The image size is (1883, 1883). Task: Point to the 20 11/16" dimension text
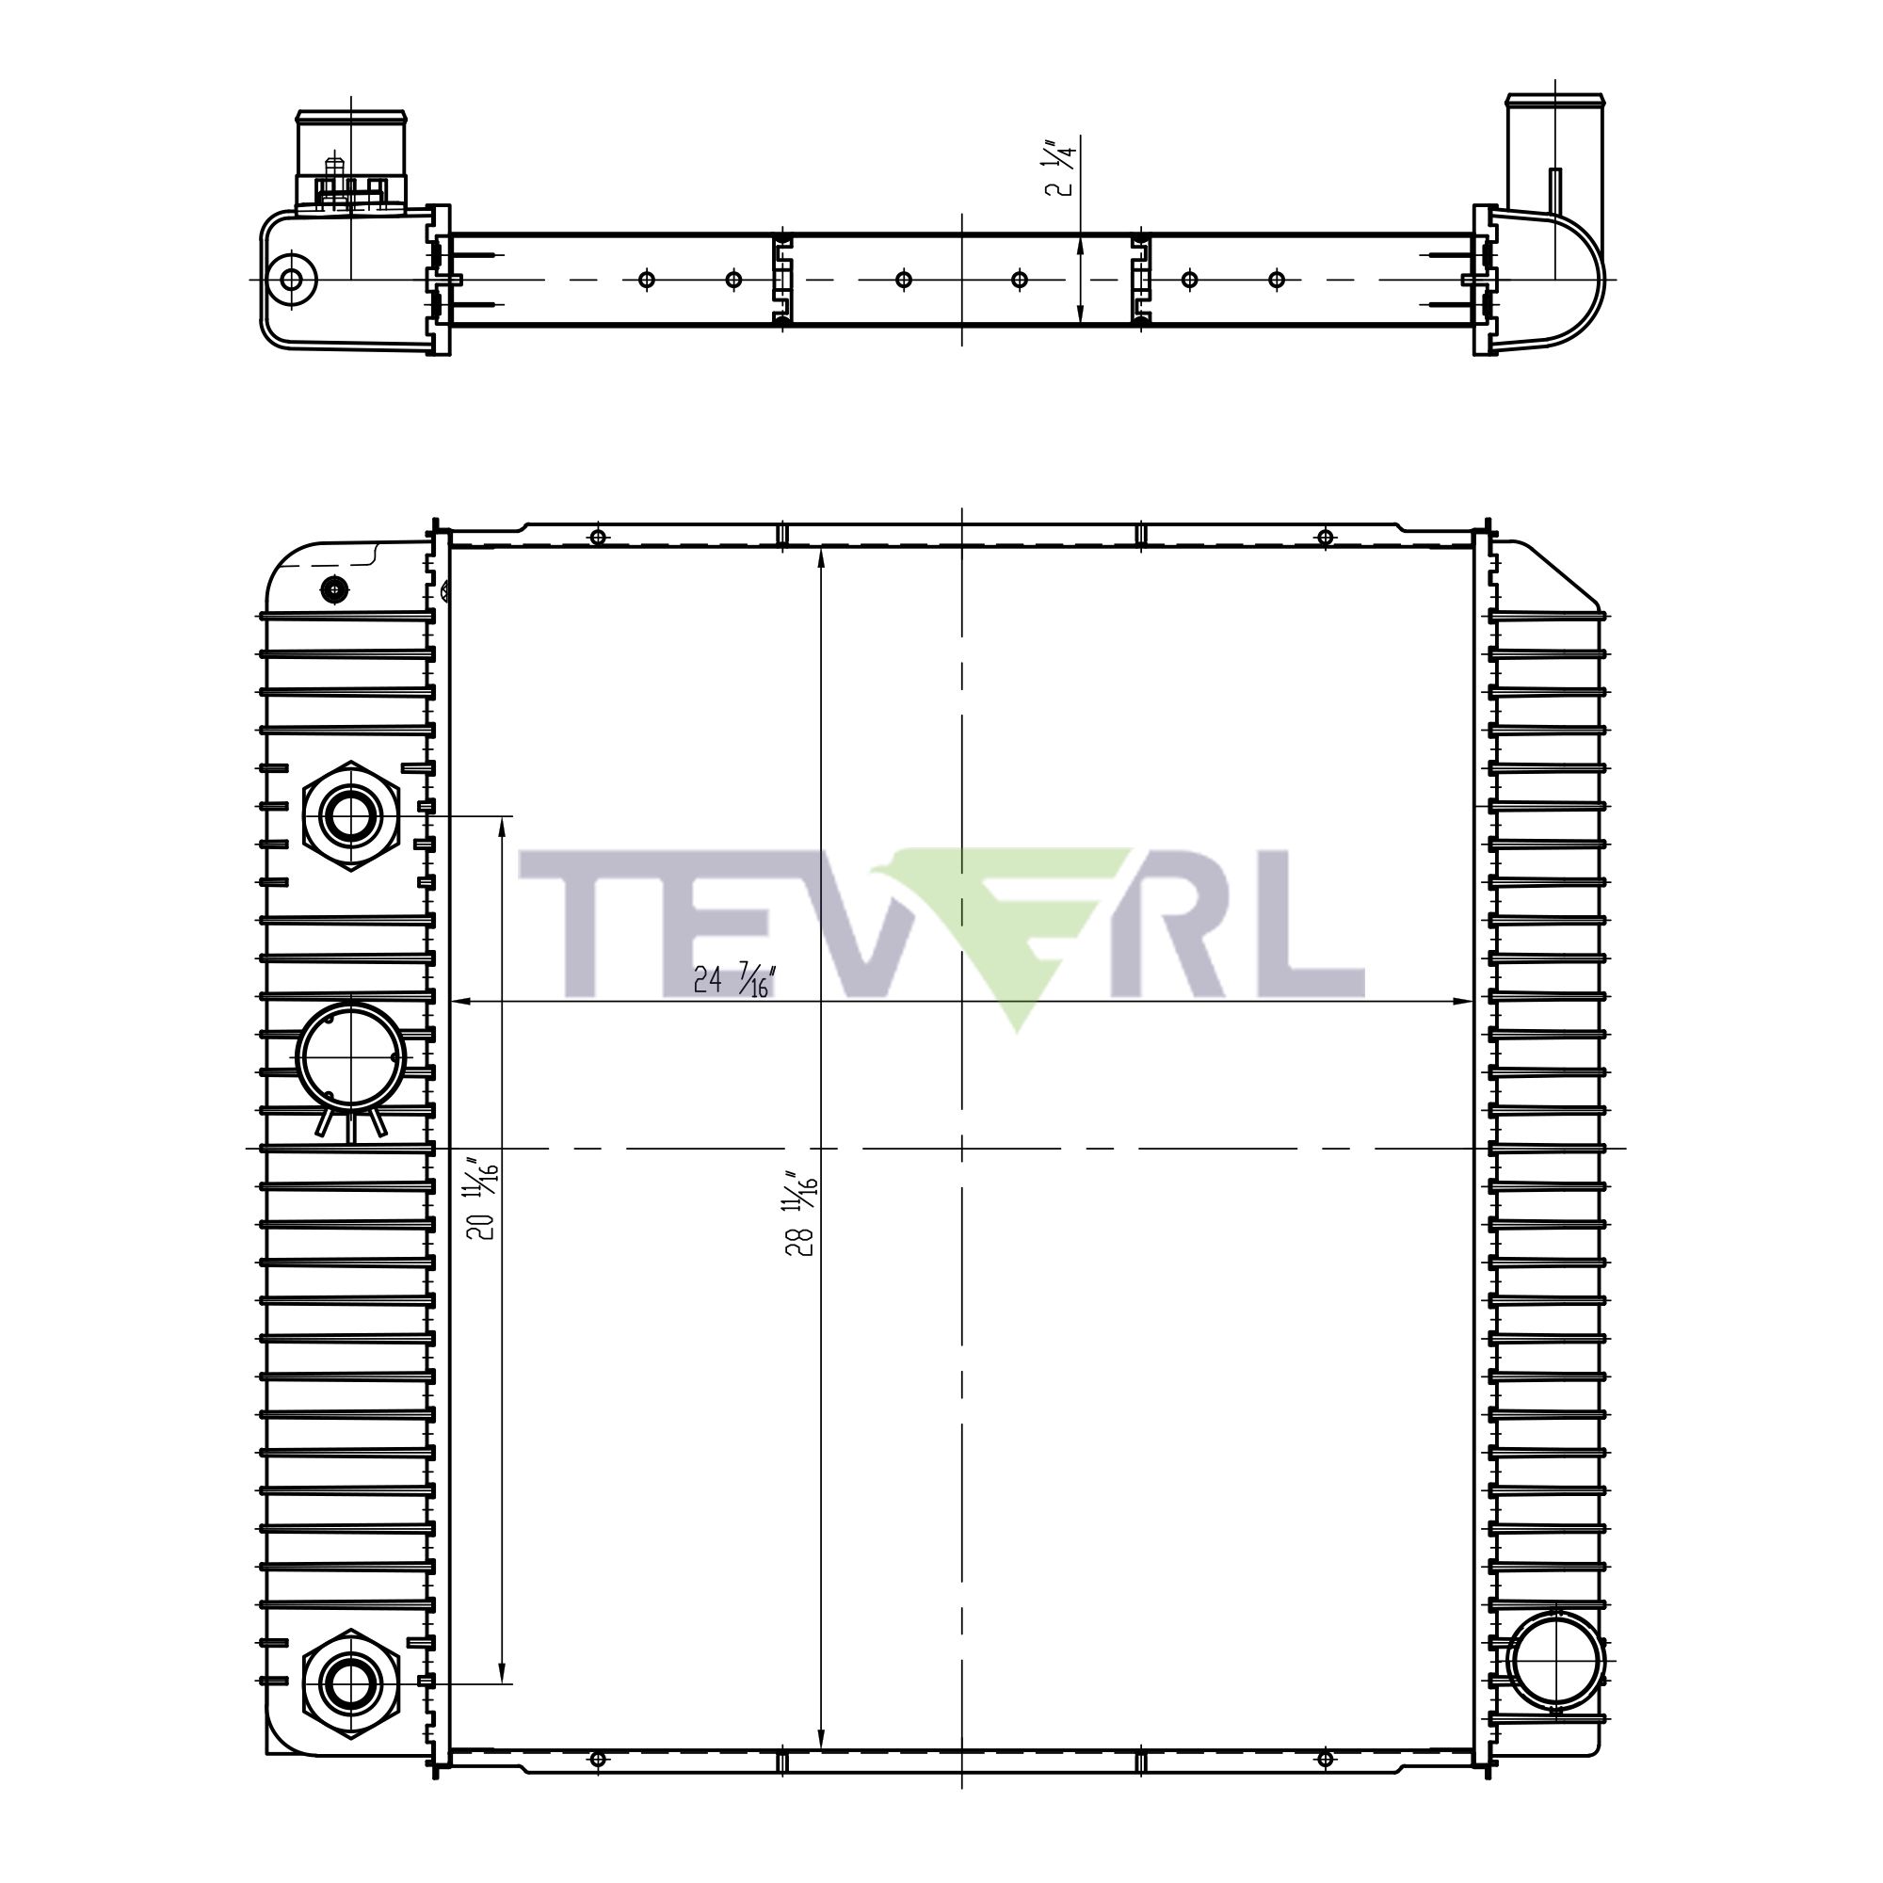click(x=482, y=1199)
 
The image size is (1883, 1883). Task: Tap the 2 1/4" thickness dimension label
click(x=1061, y=169)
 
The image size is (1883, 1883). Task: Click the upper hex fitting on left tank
click(x=350, y=816)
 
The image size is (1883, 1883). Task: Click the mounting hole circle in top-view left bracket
click(x=290, y=280)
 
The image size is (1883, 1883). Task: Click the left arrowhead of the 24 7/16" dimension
click(x=459, y=1001)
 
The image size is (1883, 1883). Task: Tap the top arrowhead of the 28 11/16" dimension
click(x=822, y=554)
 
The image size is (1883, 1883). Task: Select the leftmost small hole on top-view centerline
click(x=646, y=280)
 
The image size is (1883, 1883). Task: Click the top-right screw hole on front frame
click(x=1324, y=537)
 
